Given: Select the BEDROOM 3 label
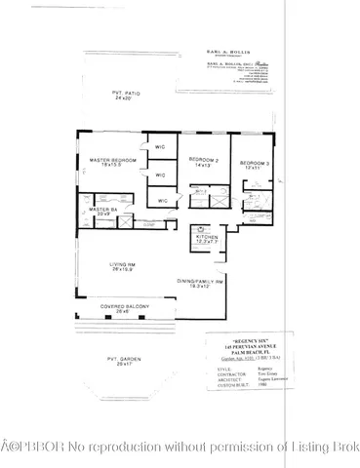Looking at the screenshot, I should [253, 161].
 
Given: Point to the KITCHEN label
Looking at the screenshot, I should [206, 236].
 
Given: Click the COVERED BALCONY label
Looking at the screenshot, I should [125, 307].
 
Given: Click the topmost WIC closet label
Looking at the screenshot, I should [159, 147].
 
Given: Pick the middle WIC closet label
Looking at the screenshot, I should [159, 175].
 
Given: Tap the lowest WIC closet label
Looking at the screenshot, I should [163, 200].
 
